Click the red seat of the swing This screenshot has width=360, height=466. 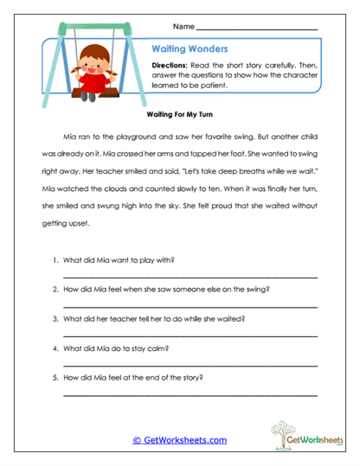point(85,88)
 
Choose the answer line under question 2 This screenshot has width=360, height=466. point(190,307)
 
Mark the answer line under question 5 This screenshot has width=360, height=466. point(190,395)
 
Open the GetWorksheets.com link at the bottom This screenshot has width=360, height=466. point(179,440)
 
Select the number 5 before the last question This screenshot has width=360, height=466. point(55,378)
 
